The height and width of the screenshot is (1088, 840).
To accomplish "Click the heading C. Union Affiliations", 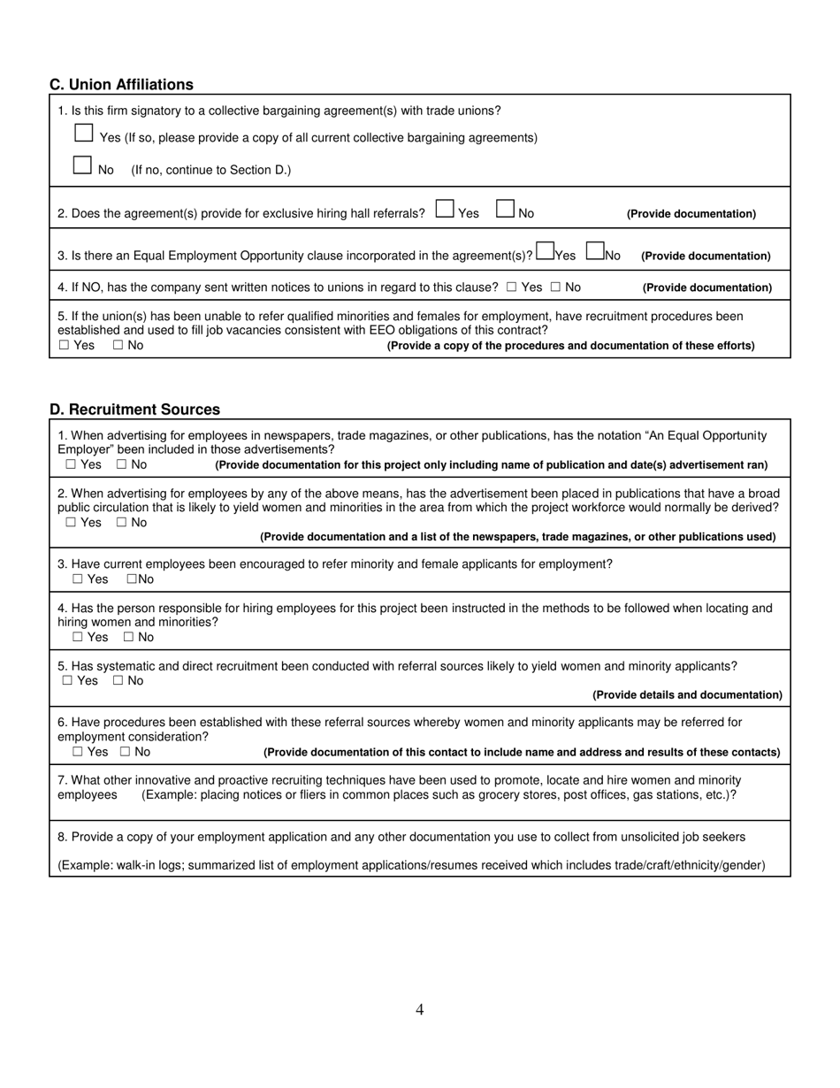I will (x=121, y=85).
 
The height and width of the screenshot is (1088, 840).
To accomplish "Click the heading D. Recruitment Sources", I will (x=134, y=410).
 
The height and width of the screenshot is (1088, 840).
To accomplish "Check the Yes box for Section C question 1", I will (x=84, y=134).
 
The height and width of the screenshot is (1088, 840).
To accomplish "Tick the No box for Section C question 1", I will (x=83, y=165).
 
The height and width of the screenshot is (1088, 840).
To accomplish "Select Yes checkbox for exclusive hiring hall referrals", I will (x=445, y=210).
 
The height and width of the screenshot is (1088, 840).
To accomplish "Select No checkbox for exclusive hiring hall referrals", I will (x=505, y=210).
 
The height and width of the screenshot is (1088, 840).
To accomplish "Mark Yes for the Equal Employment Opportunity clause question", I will (x=545, y=252).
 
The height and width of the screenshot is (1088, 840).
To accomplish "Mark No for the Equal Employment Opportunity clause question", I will (x=595, y=252).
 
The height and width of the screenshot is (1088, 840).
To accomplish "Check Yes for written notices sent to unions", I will (x=512, y=287).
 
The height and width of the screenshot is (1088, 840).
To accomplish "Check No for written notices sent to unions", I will (x=555, y=287).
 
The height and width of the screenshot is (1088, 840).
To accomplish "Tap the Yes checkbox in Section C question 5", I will (x=64, y=346).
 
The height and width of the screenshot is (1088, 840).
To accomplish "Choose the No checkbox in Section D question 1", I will (x=121, y=464).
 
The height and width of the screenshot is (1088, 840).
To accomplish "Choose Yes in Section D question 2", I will (x=71, y=523).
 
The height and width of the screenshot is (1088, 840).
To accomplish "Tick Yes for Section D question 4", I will (x=78, y=637).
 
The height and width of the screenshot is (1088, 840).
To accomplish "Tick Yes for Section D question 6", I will (x=78, y=752).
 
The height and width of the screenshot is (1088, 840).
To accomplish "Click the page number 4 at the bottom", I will (x=420, y=1010).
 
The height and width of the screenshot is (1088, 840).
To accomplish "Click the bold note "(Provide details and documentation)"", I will (x=687, y=695).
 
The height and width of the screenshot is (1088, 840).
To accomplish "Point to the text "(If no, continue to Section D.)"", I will (x=210, y=170).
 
